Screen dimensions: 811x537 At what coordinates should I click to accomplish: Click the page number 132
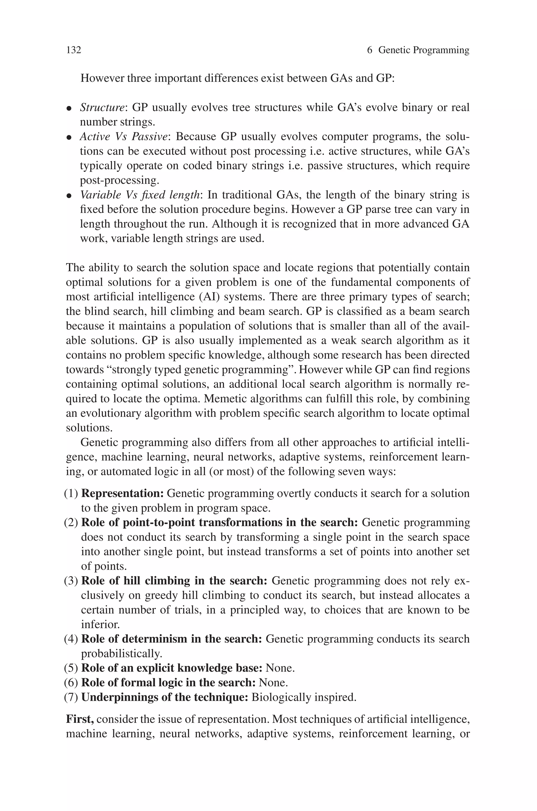[x=74, y=50]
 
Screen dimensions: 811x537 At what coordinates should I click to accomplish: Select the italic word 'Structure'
[x=102, y=108]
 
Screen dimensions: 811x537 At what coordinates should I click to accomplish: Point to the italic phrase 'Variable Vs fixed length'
[x=140, y=195]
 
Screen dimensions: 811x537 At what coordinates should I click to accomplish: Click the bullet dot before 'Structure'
[x=69, y=109]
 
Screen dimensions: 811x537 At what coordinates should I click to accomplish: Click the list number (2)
[x=71, y=523]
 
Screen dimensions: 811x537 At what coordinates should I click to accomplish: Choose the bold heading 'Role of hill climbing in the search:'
[x=174, y=581]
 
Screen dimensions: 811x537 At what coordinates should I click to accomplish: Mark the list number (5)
[x=71, y=668]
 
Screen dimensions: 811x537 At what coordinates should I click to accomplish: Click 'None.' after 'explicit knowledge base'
[x=280, y=668]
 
